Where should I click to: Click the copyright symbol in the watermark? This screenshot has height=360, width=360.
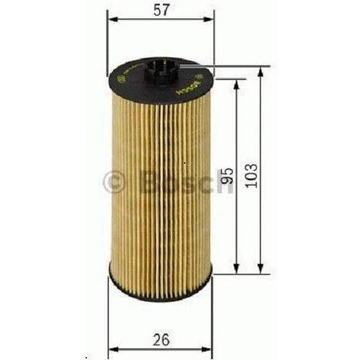(113, 183)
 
